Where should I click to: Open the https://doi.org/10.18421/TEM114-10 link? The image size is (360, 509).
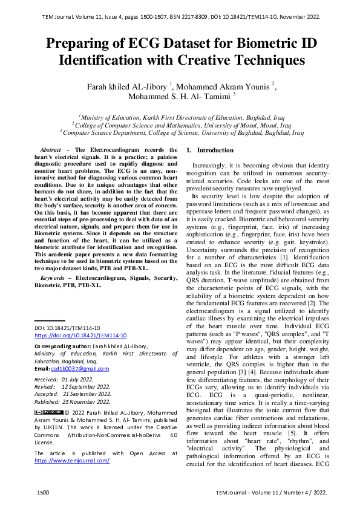click(80, 335)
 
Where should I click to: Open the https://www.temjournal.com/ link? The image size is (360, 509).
click(72, 461)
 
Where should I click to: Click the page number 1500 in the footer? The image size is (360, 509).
click(42, 493)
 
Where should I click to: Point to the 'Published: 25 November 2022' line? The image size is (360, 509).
click(72, 401)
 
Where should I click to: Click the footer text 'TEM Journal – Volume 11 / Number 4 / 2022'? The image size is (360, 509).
click(271, 493)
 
